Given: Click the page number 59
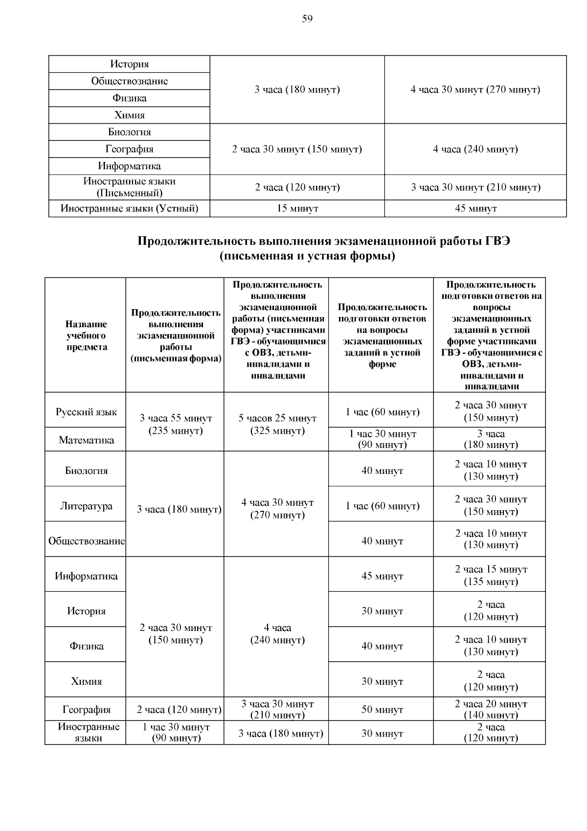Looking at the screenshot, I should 307,19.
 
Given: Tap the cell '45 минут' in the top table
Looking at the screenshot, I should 475,209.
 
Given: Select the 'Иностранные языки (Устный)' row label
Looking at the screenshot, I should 129,209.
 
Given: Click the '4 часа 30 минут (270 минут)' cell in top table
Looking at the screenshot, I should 475,90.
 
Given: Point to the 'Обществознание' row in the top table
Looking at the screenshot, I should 129,81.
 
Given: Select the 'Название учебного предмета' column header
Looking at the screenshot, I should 86,336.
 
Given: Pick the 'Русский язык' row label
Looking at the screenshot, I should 86,412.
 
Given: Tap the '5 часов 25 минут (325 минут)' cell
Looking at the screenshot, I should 277,425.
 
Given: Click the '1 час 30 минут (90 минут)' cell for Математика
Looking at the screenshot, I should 382,439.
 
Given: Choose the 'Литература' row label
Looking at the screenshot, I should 86,506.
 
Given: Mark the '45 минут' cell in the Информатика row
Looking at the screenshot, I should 382,576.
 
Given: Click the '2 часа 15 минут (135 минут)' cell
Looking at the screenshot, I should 491,576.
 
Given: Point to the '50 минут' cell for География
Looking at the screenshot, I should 382,710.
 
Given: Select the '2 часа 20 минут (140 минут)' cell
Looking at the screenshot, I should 491,710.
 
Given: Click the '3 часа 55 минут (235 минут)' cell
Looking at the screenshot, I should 176,425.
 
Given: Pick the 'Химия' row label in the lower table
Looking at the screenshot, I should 86,681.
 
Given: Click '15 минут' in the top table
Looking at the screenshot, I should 297,209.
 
